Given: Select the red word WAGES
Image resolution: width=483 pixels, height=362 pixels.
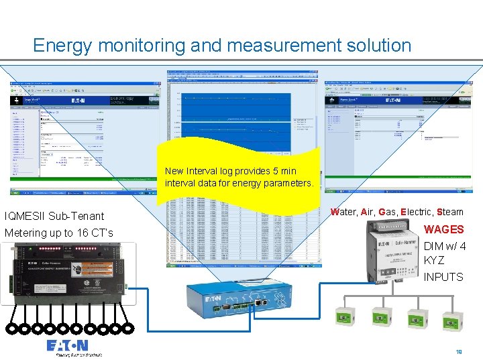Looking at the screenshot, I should [443, 229].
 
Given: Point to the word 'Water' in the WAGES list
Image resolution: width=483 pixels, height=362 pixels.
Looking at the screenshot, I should [344, 212].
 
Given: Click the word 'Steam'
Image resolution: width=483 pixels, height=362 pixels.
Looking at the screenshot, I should [449, 212].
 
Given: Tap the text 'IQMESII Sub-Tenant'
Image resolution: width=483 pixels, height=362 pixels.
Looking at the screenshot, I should [54, 216].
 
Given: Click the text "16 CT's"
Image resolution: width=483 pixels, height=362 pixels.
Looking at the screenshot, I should [95, 233].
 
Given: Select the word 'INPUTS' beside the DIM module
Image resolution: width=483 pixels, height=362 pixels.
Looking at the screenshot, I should [443, 277].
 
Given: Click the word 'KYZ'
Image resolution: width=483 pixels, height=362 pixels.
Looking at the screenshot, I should [434, 261].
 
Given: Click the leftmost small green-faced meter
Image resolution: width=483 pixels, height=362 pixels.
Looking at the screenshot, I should [345, 319].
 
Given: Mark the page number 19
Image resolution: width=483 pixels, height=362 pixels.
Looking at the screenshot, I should [459, 351].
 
